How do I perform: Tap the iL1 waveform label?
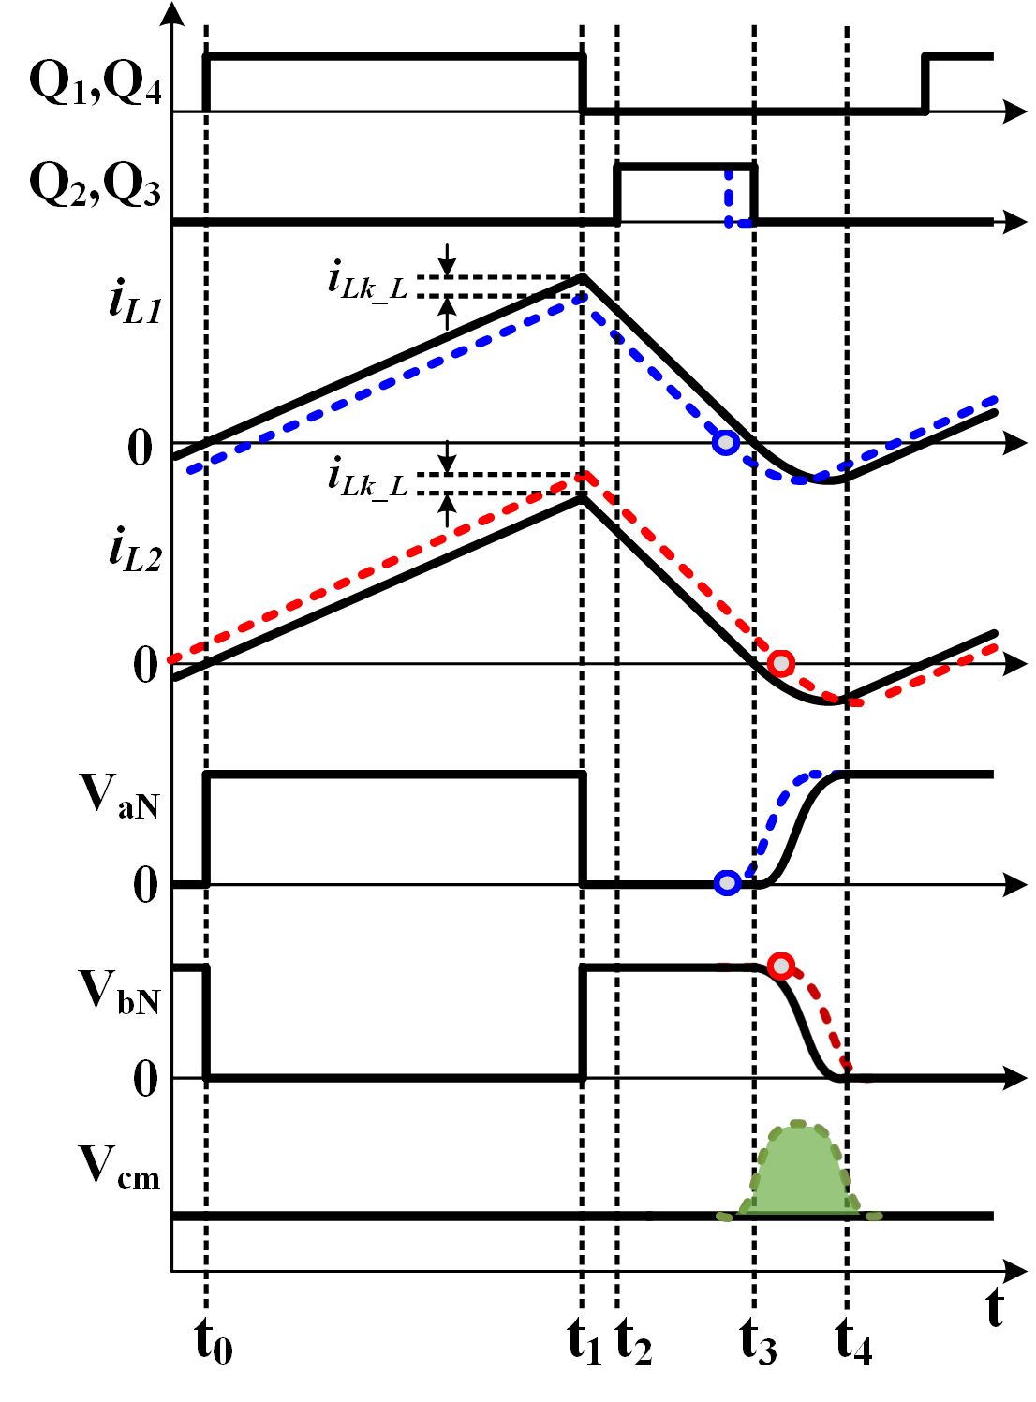pyautogui.click(x=135, y=302)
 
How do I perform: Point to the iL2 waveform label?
pyautogui.click(x=135, y=550)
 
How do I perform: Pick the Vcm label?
pyautogui.click(x=119, y=1168)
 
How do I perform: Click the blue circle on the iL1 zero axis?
pyautogui.click(x=725, y=443)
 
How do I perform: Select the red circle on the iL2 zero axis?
pyautogui.click(x=780, y=664)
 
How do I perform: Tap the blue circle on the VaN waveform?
pyautogui.click(x=727, y=882)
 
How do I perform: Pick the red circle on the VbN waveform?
pyautogui.click(x=780, y=966)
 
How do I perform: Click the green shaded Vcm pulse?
pyautogui.click(x=799, y=1175)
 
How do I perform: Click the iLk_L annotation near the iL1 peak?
pyautogui.click(x=367, y=281)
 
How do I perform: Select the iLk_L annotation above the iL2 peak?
pyautogui.click(x=367, y=478)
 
